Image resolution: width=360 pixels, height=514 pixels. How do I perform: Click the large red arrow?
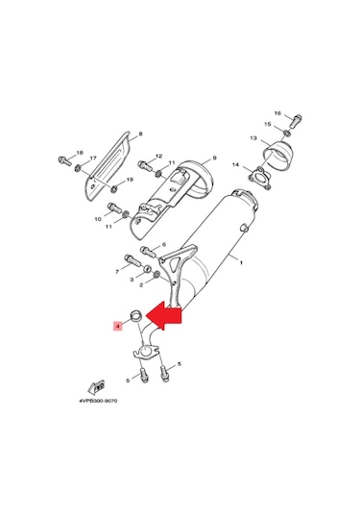tap(171, 315)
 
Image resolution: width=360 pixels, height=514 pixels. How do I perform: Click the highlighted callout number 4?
tap(117, 327)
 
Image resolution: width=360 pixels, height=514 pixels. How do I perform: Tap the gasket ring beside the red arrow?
tap(136, 316)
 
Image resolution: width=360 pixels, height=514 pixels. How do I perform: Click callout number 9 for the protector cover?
tap(214, 157)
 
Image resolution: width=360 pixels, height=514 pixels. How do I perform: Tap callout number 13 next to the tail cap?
tap(254, 138)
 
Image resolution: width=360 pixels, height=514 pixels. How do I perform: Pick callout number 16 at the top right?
tap(277, 113)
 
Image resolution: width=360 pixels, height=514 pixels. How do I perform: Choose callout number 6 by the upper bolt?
tap(165, 245)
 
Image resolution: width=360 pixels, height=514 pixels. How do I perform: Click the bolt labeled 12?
tap(144, 159)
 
